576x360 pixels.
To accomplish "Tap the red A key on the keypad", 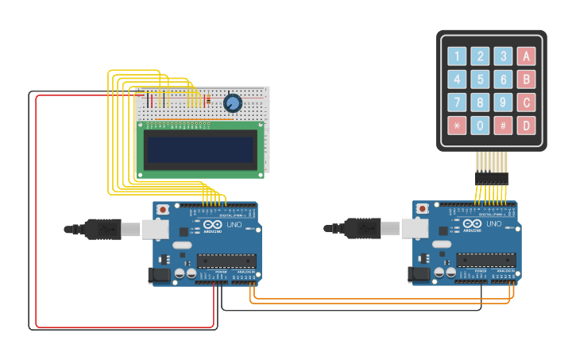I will point(524,56).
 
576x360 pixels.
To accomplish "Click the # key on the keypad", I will point(502,126).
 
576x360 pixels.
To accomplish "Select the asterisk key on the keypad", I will point(457,126).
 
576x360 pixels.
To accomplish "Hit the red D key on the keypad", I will point(524,126).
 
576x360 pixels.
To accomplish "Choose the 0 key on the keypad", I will point(480,126).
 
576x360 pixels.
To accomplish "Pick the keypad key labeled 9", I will point(502,103).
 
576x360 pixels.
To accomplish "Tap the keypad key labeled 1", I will point(457,56).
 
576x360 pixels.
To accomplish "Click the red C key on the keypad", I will point(524,103).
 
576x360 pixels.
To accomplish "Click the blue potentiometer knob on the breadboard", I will point(233,103).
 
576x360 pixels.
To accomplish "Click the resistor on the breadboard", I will point(208,99).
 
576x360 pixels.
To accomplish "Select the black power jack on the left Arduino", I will point(159,276).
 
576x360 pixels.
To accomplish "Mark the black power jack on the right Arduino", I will point(419,276).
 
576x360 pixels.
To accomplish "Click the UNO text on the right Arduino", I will point(494,224).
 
